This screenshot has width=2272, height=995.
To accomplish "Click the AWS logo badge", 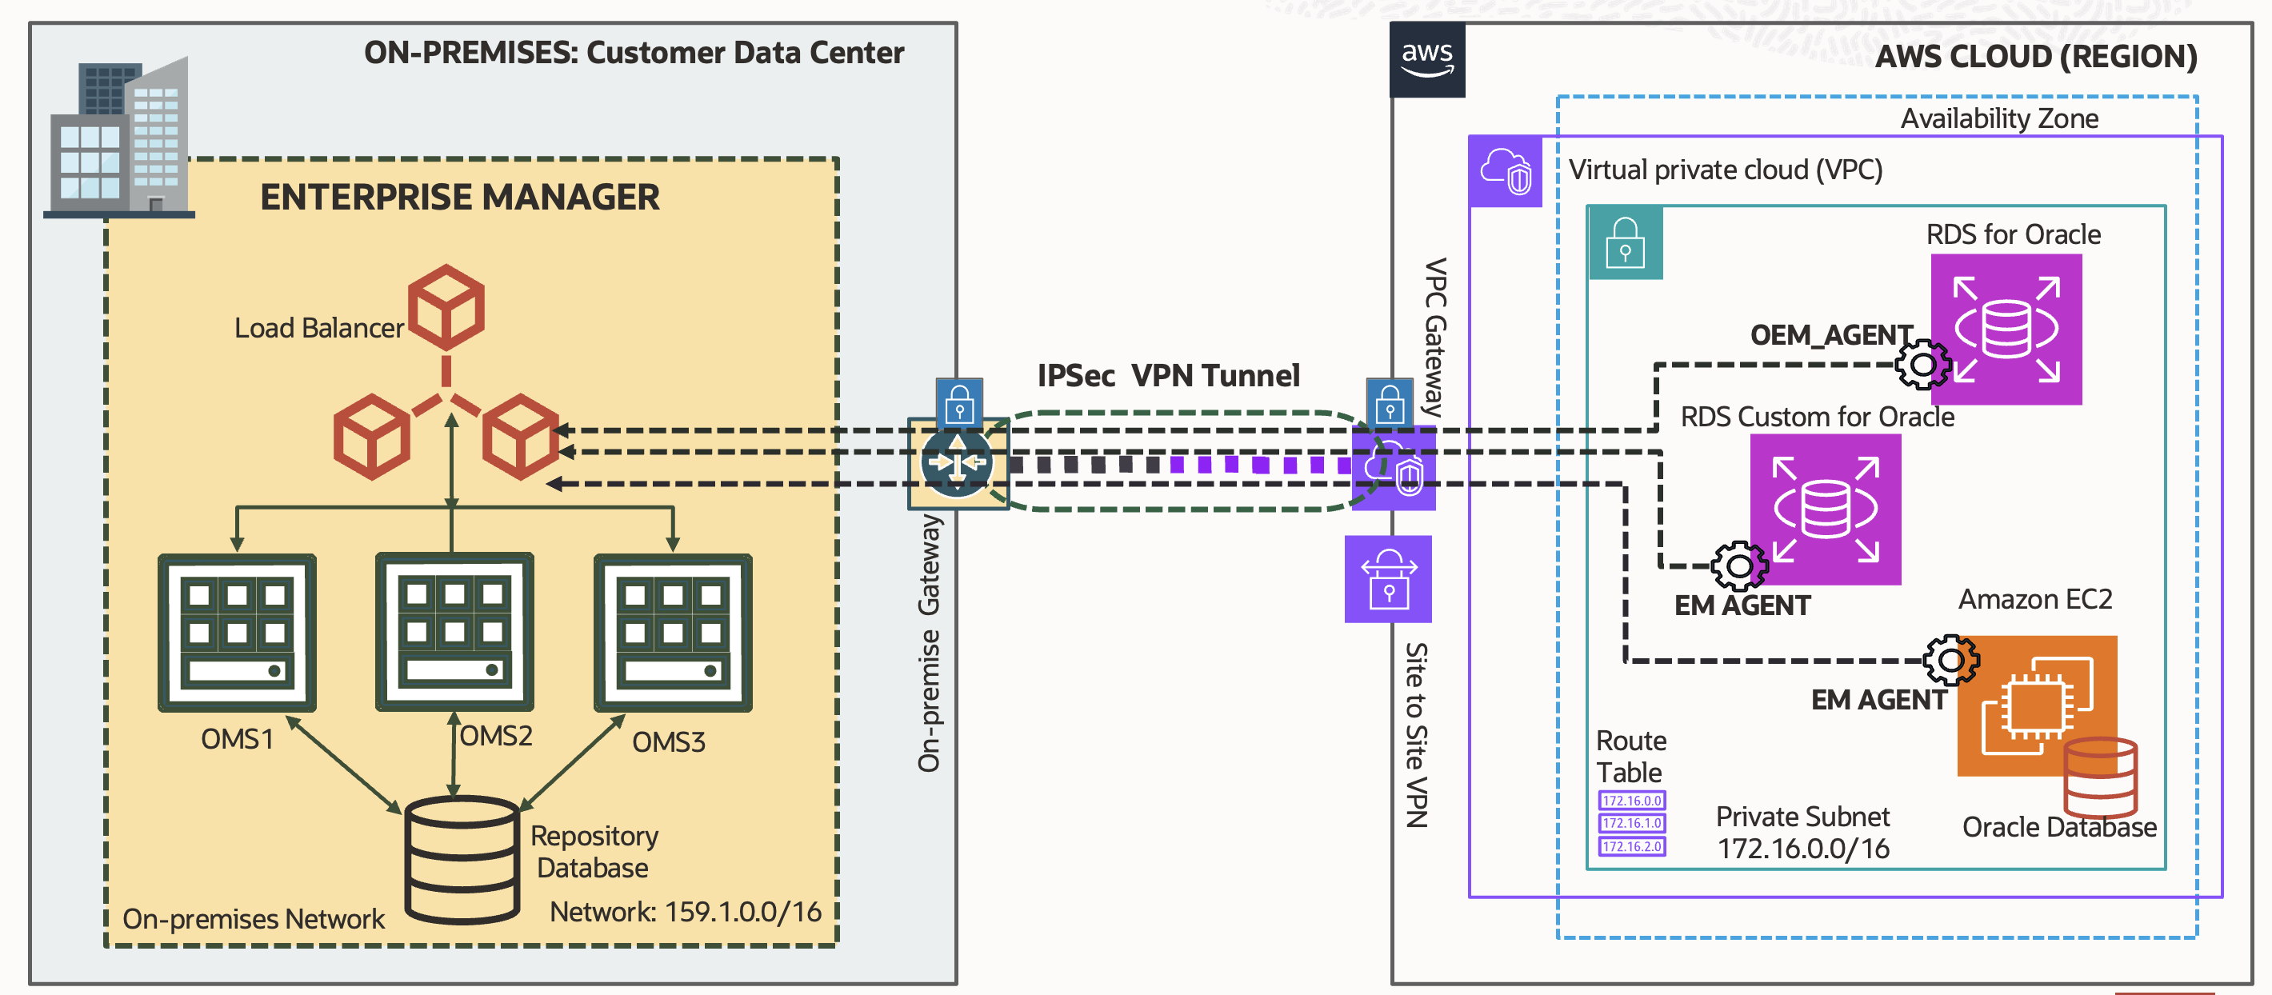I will tap(1426, 60).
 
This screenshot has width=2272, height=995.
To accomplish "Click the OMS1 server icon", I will tap(236, 633).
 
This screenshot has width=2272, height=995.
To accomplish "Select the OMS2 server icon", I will tap(454, 632).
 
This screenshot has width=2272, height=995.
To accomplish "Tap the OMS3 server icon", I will tap(672, 633).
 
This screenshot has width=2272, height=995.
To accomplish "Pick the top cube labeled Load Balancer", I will tap(446, 307).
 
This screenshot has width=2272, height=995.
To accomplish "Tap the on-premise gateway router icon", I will tap(957, 462).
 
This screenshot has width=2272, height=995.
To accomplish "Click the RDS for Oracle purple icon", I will tap(2006, 329).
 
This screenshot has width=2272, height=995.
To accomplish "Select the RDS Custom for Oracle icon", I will tap(1825, 509).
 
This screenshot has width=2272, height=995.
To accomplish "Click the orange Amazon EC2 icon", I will tap(2036, 705).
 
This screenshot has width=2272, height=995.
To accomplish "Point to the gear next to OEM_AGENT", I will tap(1922, 363).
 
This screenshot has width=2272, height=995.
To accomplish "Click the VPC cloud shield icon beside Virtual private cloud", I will tap(1505, 171).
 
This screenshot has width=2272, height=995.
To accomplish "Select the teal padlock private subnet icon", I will tap(1625, 242).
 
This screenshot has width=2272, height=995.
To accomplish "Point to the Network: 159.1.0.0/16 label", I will tap(685, 911).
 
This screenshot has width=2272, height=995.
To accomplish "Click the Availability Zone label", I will tap(1998, 118).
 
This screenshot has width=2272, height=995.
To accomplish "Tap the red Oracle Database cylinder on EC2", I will tap(2099, 777).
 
